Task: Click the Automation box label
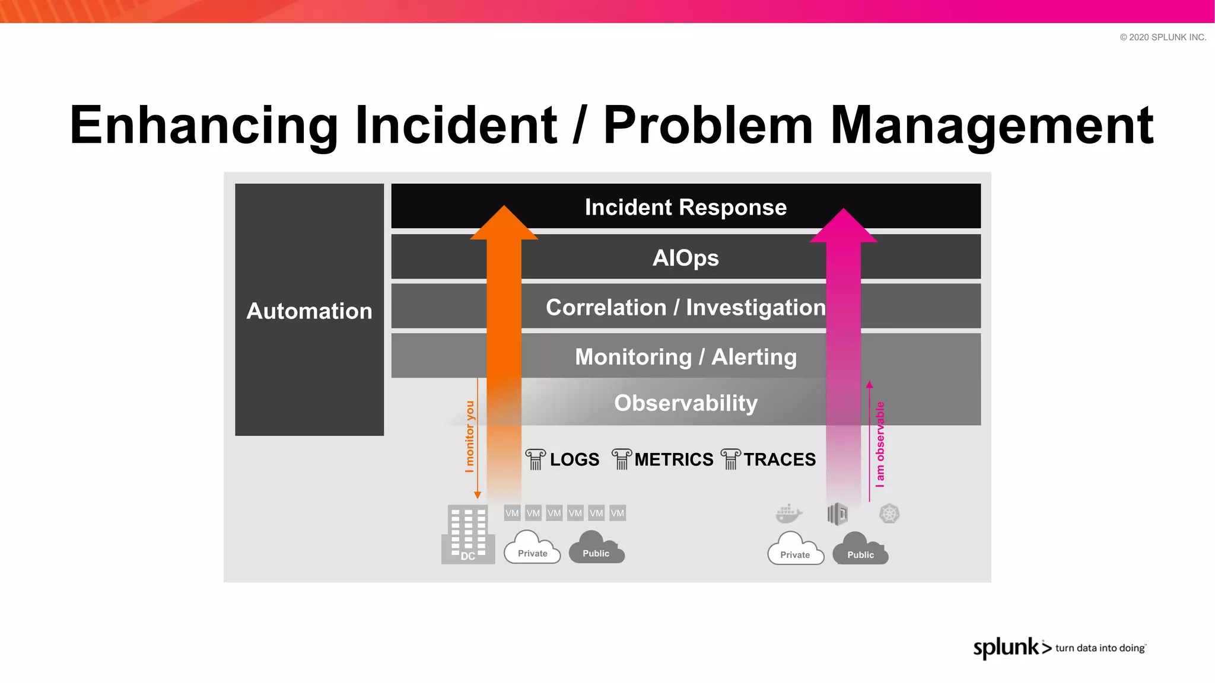click(309, 311)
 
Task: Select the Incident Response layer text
click(685, 208)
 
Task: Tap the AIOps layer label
click(685, 258)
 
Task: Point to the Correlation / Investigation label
click(685, 308)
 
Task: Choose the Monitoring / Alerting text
click(685, 357)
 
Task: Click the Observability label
click(685, 403)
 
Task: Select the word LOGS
click(574, 459)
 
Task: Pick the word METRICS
click(673, 459)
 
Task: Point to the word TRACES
click(779, 459)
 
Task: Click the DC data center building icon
click(468, 534)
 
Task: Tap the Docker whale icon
click(788, 513)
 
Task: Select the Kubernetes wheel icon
click(889, 513)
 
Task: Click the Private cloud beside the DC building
click(532, 548)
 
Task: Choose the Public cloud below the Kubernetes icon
click(860, 550)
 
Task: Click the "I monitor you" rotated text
click(470, 436)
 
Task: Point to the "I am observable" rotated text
click(880, 445)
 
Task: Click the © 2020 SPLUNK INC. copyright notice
click(1162, 37)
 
